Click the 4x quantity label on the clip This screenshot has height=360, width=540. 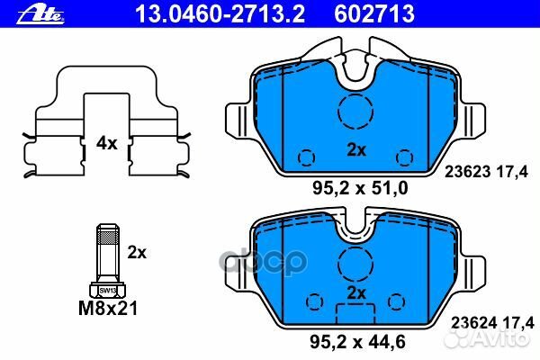(x=107, y=142)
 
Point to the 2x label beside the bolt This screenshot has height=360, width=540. (x=136, y=253)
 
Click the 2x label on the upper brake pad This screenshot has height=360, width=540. (x=357, y=150)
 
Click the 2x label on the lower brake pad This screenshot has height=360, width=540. (x=357, y=294)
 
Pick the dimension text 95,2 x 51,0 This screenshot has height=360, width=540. (x=357, y=188)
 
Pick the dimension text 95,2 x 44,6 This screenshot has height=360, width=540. (x=357, y=341)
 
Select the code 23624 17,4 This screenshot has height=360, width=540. (x=489, y=319)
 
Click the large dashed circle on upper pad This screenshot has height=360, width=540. (x=356, y=112)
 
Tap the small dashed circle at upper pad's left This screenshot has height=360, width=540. (x=306, y=157)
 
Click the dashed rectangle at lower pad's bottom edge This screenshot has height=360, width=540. (x=356, y=316)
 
